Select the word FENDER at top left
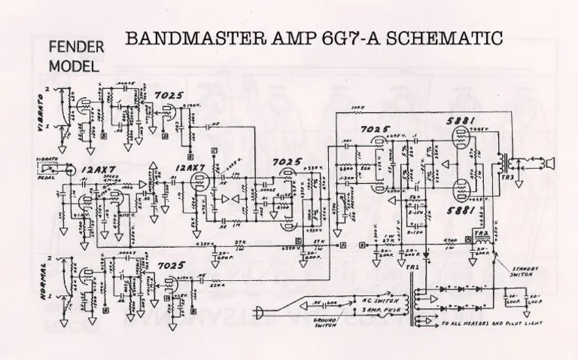(x=74, y=47)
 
